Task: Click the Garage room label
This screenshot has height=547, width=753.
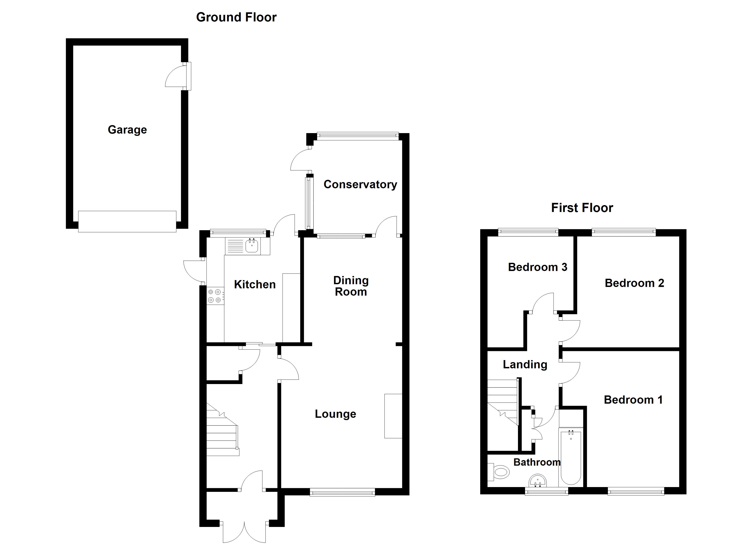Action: tap(127, 130)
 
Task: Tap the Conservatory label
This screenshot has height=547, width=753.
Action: tap(360, 184)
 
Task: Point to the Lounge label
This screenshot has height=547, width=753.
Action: tap(335, 414)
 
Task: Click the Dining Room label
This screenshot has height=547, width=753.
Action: tap(351, 286)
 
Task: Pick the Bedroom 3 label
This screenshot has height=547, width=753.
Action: tap(538, 267)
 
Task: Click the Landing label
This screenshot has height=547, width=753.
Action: tap(525, 365)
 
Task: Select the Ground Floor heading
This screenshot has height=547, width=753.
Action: tap(236, 17)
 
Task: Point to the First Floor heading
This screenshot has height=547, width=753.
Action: tap(582, 208)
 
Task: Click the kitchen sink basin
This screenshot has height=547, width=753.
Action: tap(252, 246)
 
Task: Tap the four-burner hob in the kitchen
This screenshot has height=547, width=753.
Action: tap(214, 296)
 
